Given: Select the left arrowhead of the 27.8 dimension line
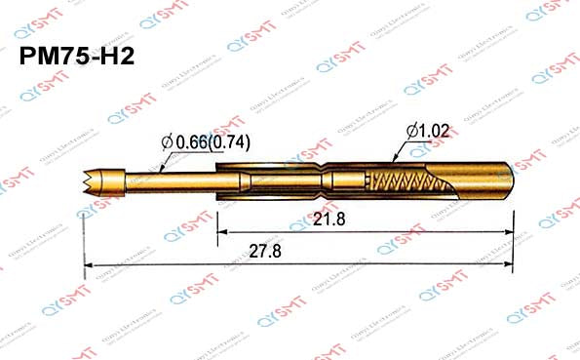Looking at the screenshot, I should [89, 264].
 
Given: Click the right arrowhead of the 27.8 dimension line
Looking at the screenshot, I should [508, 264].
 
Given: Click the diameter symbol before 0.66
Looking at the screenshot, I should [167, 143].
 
